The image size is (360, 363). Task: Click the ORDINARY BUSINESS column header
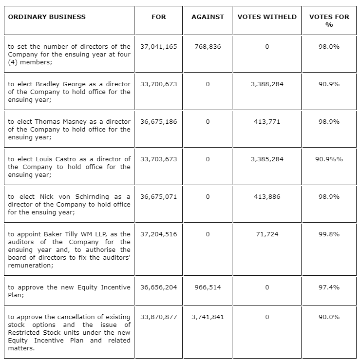point(47,17)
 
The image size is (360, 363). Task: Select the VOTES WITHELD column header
point(267,17)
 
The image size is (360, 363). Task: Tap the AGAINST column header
point(208,17)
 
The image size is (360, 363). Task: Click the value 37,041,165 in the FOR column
point(159,47)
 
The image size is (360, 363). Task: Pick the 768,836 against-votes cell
point(208,47)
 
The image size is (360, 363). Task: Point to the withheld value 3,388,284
point(267,84)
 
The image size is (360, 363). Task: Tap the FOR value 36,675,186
point(159,121)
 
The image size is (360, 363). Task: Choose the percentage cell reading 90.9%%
point(329,159)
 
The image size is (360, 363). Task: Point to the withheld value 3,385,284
point(267,159)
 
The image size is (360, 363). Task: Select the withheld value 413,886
point(267,196)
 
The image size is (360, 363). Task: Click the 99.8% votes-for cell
point(329,234)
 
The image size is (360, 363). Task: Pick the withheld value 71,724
point(267,234)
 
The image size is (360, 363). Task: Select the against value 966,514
point(208,287)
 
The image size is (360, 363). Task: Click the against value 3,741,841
point(208,317)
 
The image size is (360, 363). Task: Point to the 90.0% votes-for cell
point(329,317)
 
